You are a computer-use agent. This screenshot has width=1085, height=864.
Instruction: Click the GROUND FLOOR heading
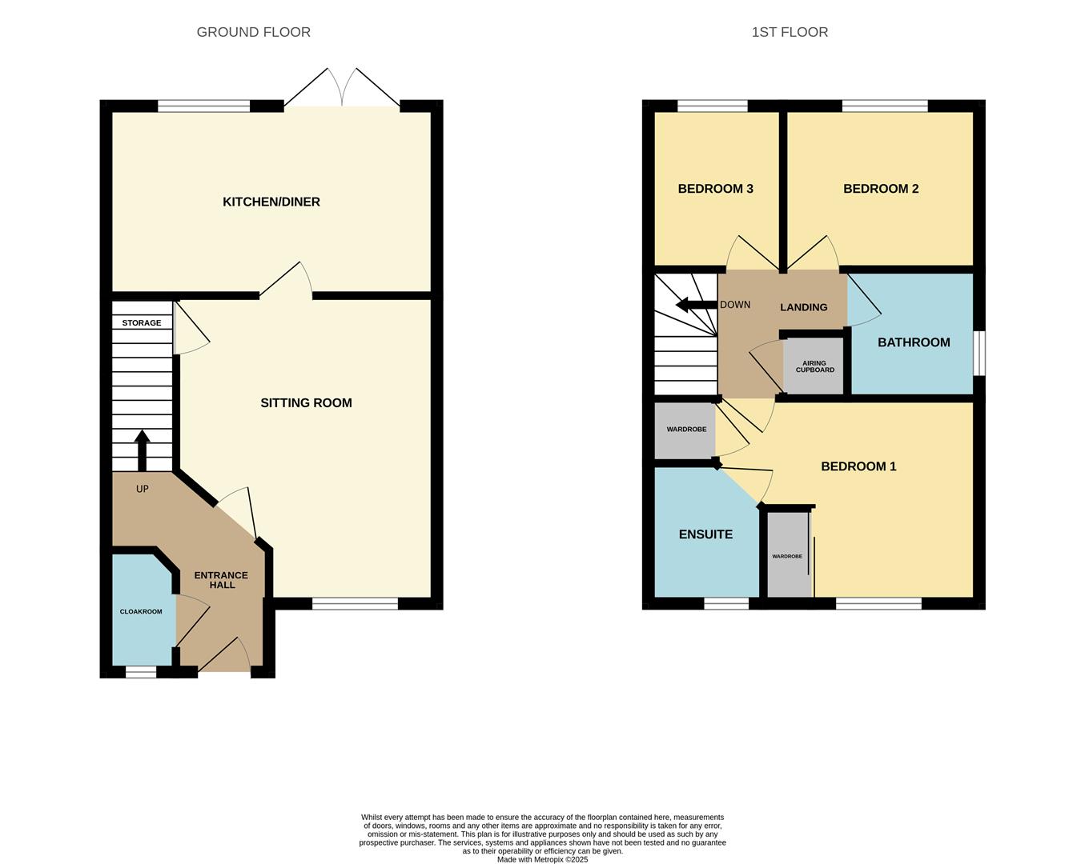tap(253, 32)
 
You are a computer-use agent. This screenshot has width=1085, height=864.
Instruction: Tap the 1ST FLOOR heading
tap(790, 32)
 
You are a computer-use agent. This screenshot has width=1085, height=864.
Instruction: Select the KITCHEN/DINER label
tap(271, 202)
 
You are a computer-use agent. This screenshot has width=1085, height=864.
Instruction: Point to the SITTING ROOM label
tap(306, 403)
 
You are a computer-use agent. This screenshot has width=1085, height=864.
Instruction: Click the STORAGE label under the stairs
tap(142, 323)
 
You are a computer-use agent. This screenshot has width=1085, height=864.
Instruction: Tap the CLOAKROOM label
tap(141, 612)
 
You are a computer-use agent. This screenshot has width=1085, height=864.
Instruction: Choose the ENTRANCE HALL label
tap(221, 580)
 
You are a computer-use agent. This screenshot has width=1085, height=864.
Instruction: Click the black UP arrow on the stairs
tap(143, 450)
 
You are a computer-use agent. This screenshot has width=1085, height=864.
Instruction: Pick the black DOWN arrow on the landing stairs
tap(697, 305)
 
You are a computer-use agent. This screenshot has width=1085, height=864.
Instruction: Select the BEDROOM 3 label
tap(715, 189)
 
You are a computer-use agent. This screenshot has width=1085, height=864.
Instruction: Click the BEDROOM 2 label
tap(881, 189)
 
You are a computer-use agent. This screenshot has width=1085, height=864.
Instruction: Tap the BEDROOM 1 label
tap(858, 466)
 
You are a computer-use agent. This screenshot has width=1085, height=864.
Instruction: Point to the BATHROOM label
tap(914, 342)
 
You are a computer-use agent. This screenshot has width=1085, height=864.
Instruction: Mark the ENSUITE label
tap(706, 534)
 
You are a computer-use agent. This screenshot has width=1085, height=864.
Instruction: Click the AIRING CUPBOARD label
tap(815, 366)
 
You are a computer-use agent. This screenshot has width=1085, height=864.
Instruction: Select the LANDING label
tap(804, 307)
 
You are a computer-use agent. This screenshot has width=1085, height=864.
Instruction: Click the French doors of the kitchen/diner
tap(342, 87)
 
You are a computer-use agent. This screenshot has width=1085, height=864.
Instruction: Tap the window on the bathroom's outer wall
tap(979, 353)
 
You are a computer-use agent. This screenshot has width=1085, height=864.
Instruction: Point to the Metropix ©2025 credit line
tap(543, 859)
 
